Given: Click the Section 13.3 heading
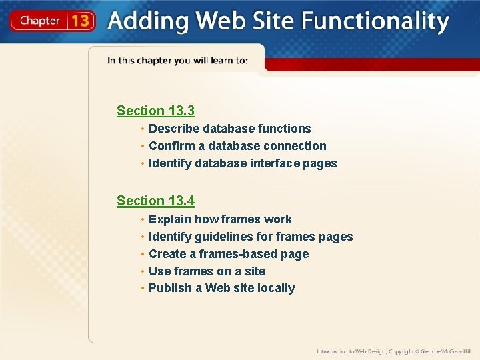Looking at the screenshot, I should pyautogui.click(x=155, y=111).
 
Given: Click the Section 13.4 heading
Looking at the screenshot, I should pyautogui.click(x=155, y=201).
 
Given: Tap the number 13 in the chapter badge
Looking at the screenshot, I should pyautogui.click(x=80, y=21).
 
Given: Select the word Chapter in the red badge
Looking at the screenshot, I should pyautogui.click(x=39, y=21).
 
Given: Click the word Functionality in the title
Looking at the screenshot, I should pyautogui.click(x=375, y=21).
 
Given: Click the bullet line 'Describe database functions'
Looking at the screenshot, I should pyautogui.click(x=229, y=129).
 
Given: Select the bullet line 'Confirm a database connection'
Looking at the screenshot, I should pyautogui.click(x=237, y=146).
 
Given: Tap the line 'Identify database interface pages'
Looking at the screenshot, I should pyautogui.click(x=243, y=163).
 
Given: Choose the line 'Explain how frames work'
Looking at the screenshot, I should pyautogui.click(x=220, y=219).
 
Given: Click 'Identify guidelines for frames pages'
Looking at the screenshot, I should pyautogui.click(x=251, y=237).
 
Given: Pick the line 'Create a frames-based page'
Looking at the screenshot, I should pyautogui.click(x=229, y=254).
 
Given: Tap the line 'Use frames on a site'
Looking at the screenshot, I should pyautogui.click(x=207, y=271).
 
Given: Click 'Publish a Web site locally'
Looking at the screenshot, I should pyautogui.click(x=221, y=288).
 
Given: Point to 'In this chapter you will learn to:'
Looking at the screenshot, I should pyautogui.click(x=177, y=61).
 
